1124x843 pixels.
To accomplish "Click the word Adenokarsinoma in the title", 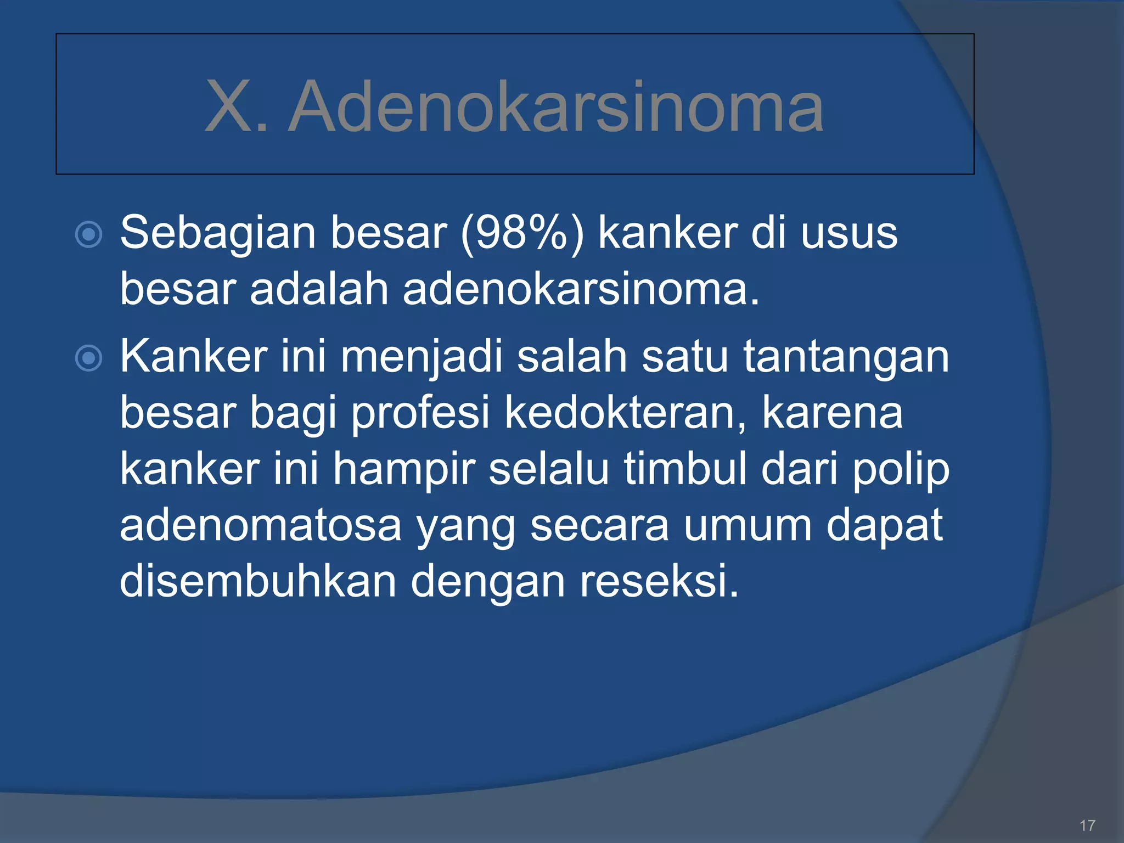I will (x=555, y=107).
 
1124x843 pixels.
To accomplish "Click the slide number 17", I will (x=1087, y=825).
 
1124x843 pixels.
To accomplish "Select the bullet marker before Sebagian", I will (x=88, y=235).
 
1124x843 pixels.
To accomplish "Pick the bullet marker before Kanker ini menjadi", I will (x=88, y=358).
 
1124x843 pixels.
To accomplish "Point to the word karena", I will (x=832, y=414).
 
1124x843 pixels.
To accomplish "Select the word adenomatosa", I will (x=261, y=526).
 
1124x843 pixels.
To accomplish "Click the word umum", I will (x=748, y=526).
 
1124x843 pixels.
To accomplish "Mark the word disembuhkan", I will (x=258, y=581).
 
